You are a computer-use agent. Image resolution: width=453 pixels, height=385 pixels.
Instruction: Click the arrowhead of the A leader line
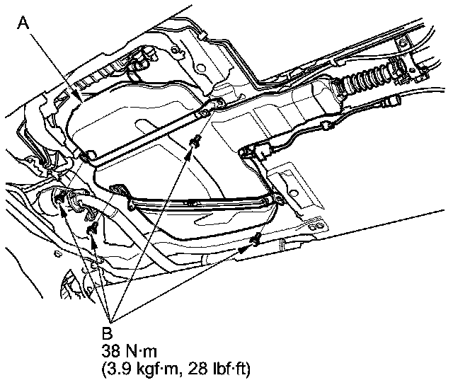pos(79,100)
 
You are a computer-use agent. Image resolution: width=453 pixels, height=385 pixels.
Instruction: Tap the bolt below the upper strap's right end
pos(192,144)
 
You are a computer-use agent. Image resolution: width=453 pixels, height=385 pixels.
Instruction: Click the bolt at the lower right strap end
pos(256,239)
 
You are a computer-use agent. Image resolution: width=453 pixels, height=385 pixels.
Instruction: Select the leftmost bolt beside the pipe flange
pos(62,198)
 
